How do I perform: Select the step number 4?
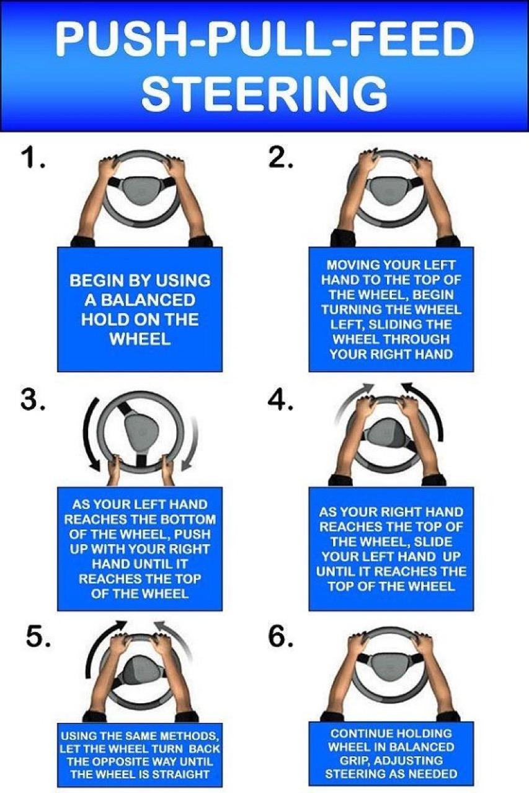click(280, 400)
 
